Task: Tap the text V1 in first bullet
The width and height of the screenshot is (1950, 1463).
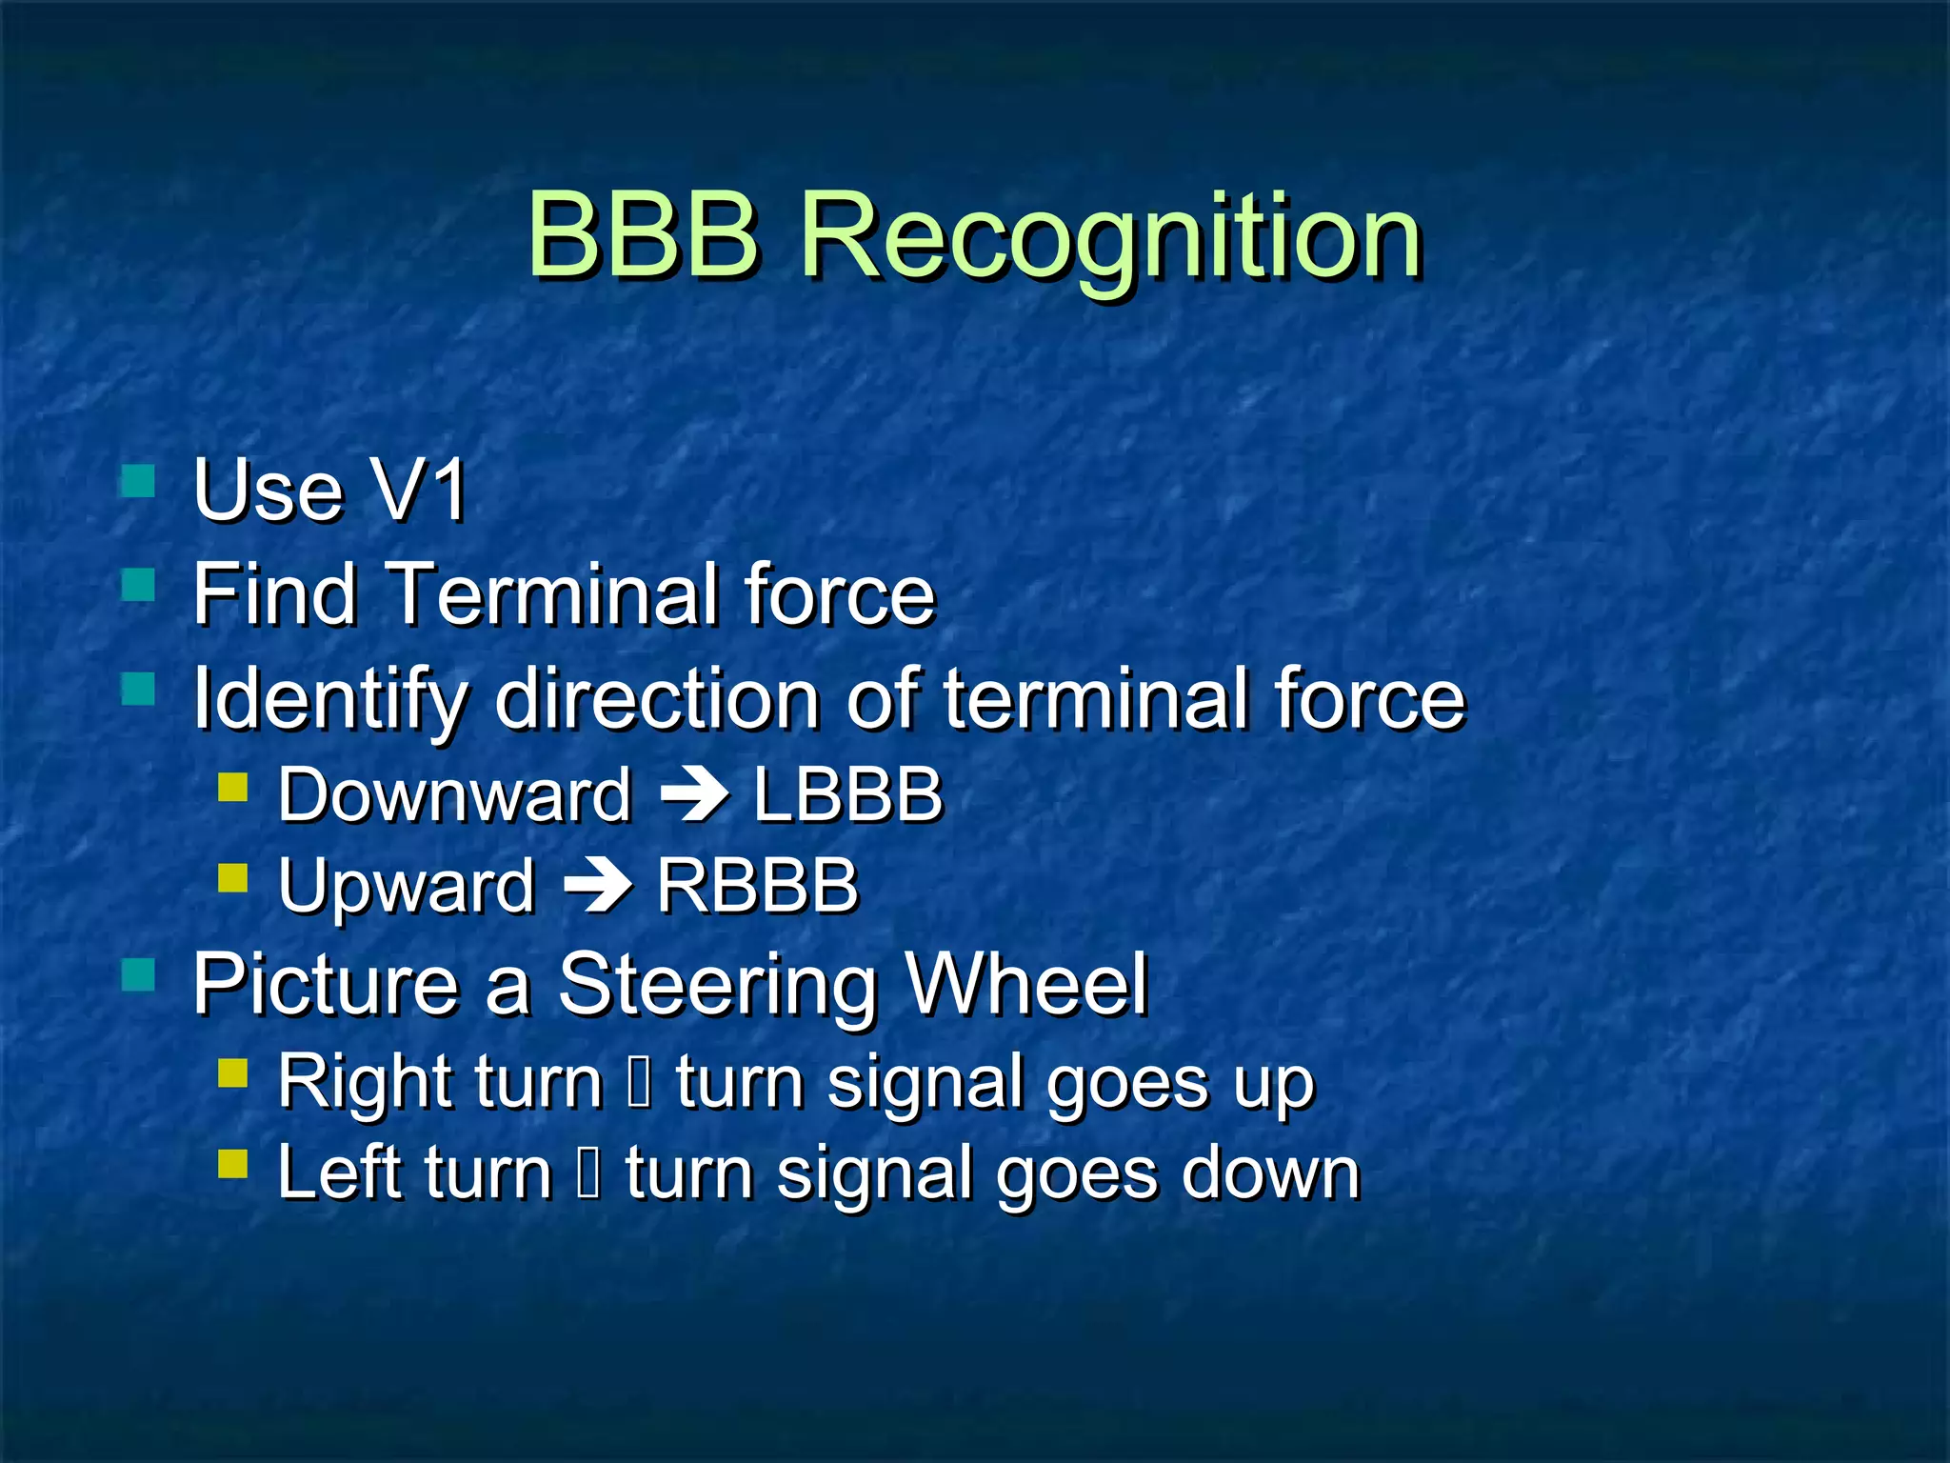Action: tap(419, 491)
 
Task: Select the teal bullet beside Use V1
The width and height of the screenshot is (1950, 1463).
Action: tap(139, 481)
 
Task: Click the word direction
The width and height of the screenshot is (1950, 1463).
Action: tap(657, 700)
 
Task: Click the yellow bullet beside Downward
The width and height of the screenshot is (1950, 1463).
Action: tap(233, 787)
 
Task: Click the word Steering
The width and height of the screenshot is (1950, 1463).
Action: tap(716, 986)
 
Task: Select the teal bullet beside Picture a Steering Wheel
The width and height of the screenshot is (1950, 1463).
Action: tap(139, 975)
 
